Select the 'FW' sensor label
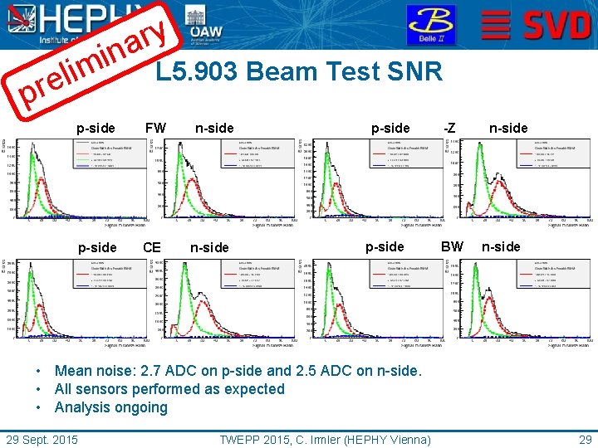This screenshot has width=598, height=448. tap(155, 128)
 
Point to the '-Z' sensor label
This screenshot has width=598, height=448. tap(448, 128)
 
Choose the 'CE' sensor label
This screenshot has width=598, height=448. tap(152, 247)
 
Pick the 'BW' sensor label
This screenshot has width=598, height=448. tap(452, 246)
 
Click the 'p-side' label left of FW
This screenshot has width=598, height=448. tap(96, 128)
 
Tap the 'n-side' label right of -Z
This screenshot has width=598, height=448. tap(507, 128)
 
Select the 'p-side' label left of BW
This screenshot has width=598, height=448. tap(385, 246)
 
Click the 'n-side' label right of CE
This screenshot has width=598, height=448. tap(209, 247)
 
